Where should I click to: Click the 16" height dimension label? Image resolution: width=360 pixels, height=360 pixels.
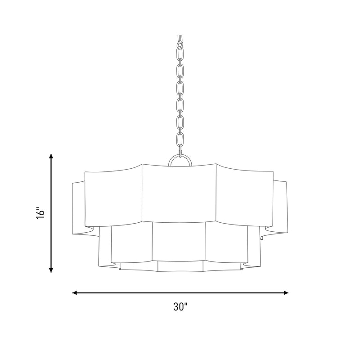click(40, 213)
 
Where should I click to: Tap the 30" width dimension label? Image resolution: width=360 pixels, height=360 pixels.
click(180, 306)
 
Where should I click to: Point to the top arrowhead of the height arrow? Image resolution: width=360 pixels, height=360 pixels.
click(51, 156)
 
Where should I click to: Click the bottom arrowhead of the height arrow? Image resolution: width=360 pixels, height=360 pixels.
click(51, 270)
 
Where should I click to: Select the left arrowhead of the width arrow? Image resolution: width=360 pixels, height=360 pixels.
click(75, 292)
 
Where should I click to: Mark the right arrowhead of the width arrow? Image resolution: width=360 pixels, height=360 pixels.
click(286, 292)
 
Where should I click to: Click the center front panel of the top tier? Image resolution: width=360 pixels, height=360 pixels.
click(179, 193)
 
